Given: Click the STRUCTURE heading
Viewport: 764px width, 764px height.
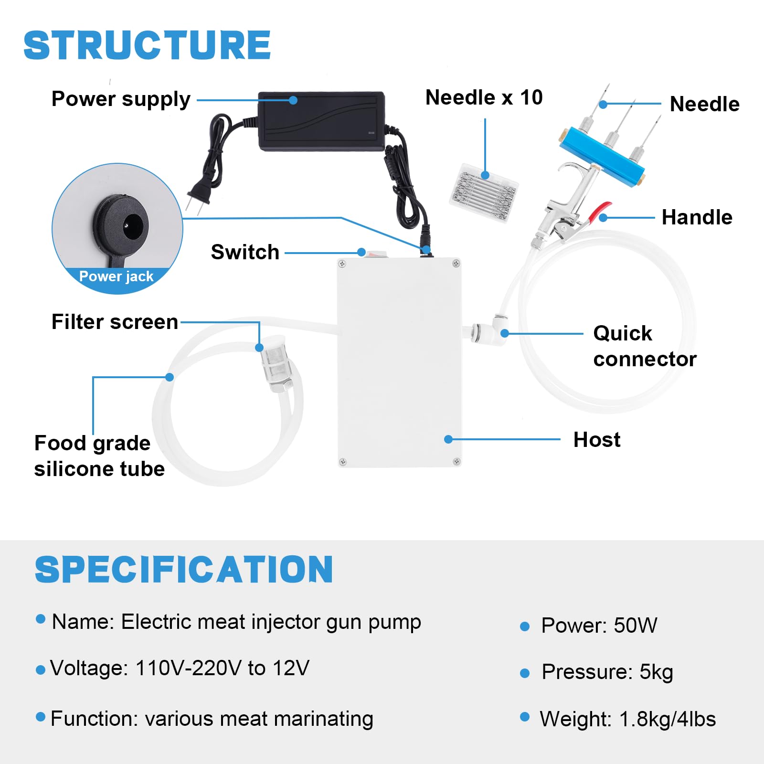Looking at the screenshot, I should pos(147,45).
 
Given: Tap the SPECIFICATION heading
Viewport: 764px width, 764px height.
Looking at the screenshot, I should pos(184,569).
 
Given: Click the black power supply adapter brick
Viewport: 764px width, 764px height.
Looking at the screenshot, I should pos(321,120).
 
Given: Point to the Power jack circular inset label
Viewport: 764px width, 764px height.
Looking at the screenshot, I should pos(117,276).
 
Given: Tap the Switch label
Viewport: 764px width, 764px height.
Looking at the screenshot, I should pos(245,252).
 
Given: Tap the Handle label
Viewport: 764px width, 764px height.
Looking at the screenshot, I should pos(697,218).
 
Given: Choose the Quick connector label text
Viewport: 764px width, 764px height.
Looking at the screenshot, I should pos(645,346).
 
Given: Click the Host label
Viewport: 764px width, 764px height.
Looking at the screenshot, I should pos(597,440).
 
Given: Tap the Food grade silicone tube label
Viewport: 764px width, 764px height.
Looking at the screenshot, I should pos(99,456).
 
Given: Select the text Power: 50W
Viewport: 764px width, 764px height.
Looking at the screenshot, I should pos(599,626).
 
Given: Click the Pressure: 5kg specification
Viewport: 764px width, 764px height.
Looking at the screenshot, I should pos(607,672).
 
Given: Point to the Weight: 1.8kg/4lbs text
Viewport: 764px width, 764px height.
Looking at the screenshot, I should pos(627,719).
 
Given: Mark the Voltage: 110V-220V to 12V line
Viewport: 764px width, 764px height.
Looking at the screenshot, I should pos(180,668).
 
